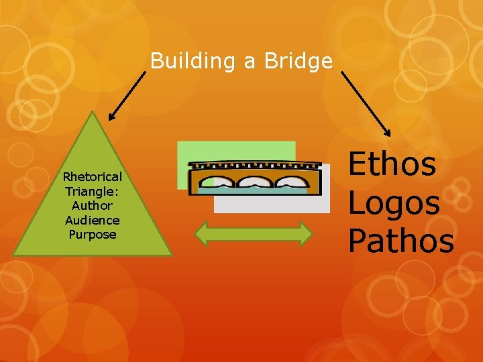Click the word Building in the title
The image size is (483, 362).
click(x=194, y=62)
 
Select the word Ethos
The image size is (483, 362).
click(x=392, y=165)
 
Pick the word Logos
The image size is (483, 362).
click(x=394, y=202)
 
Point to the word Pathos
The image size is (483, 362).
click(x=400, y=240)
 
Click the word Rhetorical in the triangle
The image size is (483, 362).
click(x=92, y=177)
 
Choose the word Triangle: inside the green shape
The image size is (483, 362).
click(x=92, y=191)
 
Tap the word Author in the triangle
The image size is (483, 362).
click(x=92, y=206)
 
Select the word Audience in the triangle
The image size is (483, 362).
click(x=92, y=220)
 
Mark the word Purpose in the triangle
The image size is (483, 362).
click(x=92, y=235)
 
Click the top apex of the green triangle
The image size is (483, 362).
click(x=93, y=113)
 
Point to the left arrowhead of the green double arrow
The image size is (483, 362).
click(x=200, y=233)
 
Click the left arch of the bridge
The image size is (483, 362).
click(x=217, y=182)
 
